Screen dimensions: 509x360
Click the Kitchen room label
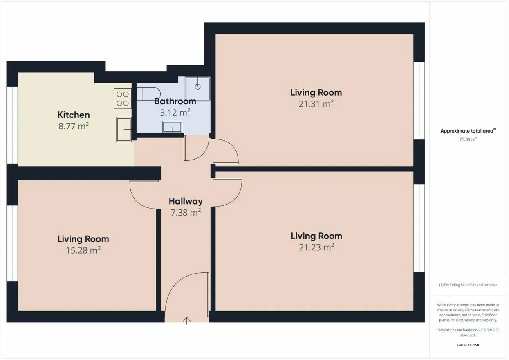click(x=74, y=115)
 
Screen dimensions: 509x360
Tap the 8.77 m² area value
click(x=74, y=126)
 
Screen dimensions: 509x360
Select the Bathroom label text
click(x=175, y=101)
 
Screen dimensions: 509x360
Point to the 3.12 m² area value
click(x=175, y=112)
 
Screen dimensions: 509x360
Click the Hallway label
click(x=186, y=201)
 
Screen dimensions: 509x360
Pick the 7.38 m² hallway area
click(x=186, y=212)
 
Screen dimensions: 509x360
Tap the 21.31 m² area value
click(x=316, y=104)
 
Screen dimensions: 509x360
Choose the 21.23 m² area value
click(x=316, y=247)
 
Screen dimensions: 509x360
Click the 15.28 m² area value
click(x=83, y=250)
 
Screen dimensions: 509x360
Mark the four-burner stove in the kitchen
click(x=123, y=99)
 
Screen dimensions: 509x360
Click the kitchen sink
click(x=124, y=129)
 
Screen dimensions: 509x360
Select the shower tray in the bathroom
click(x=197, y=89)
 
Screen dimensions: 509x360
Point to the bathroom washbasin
click(x=172, y=127)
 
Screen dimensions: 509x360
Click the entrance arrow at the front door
click(x=186, y=321)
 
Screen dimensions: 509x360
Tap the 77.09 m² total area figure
click(x=468, y=139)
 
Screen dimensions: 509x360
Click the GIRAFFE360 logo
click(x=468, y=345)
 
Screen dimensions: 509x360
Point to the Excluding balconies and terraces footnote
click(x=468, y=285)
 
